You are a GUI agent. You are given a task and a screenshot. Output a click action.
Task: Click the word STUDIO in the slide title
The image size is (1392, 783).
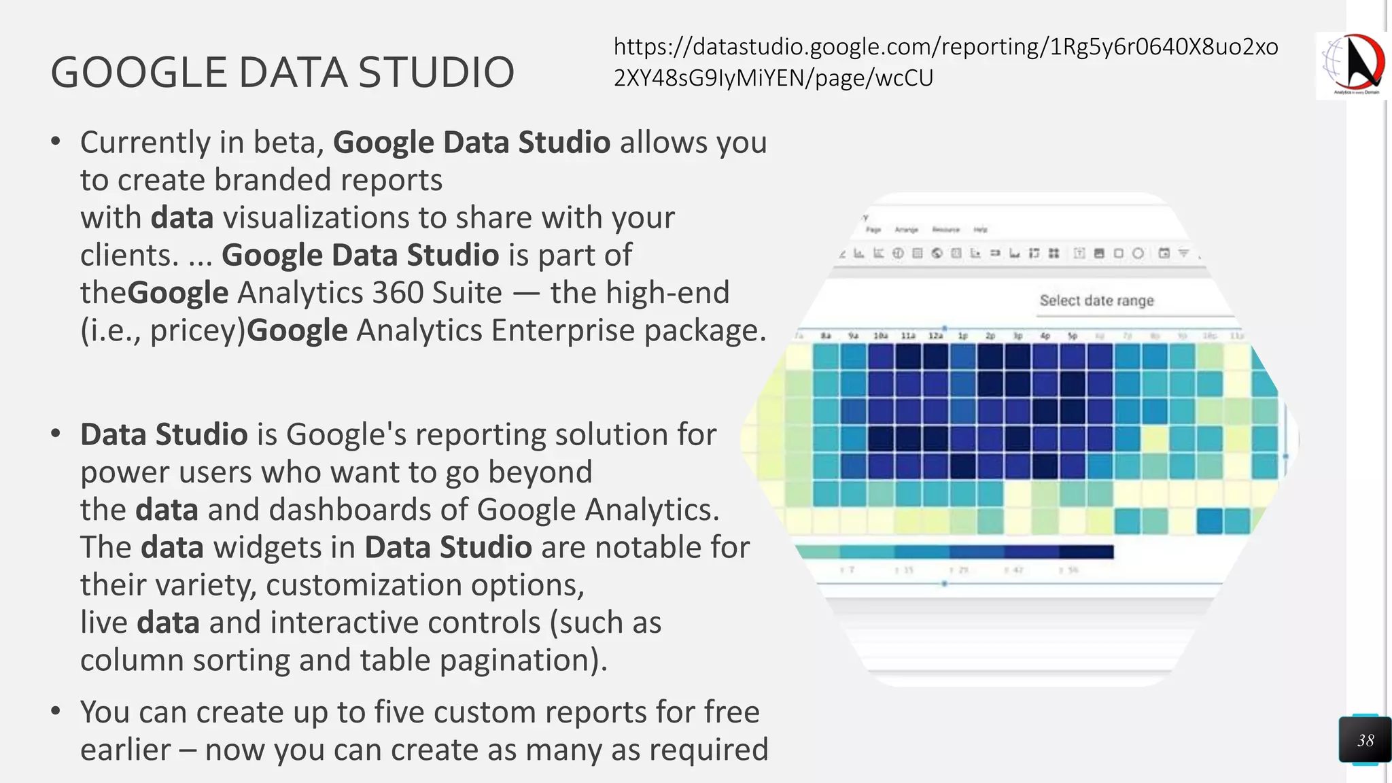pyautogui.click(x=436, y=72)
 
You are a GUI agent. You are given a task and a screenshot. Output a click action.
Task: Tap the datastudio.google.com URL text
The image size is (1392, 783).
pyautogui.click(x=945, y=62)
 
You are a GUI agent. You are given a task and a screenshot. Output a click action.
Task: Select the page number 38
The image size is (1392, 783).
pyautogui.click(x=1365, y=740)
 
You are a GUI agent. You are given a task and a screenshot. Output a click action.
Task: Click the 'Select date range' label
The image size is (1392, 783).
pyautogui.click(x=1096, y=300)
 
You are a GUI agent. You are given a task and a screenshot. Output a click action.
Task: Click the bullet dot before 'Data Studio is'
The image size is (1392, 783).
pyautogui.click(x=56, y=434)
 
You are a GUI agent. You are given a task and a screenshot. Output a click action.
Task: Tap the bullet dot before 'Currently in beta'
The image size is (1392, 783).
pyautogui.click(x=56, y=141)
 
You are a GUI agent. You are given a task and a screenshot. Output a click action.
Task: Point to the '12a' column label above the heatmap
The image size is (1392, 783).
pyautogui.click(x=935, y=336)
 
